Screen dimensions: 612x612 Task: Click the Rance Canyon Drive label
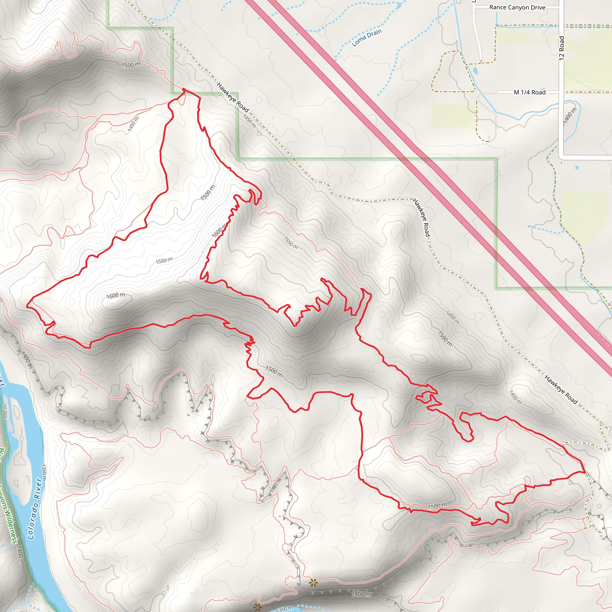click(517, 7)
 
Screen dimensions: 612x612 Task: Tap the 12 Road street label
click(561, 48)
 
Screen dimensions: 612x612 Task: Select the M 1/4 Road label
click(530, 93)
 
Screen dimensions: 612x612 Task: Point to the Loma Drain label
click(367, 38)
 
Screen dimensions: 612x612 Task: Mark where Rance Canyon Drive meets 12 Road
click(561, 7)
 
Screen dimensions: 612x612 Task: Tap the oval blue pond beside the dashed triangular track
click(475, 70)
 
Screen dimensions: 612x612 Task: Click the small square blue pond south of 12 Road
click(576, 167)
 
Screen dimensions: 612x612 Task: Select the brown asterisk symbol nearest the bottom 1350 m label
click(258, 607)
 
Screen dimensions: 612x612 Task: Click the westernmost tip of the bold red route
click(27, 306)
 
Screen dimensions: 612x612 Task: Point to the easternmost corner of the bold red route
click(585, 472)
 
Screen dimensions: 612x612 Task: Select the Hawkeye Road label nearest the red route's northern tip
click(233, 97)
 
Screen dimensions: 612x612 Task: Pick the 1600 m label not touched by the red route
click(116, 296)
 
